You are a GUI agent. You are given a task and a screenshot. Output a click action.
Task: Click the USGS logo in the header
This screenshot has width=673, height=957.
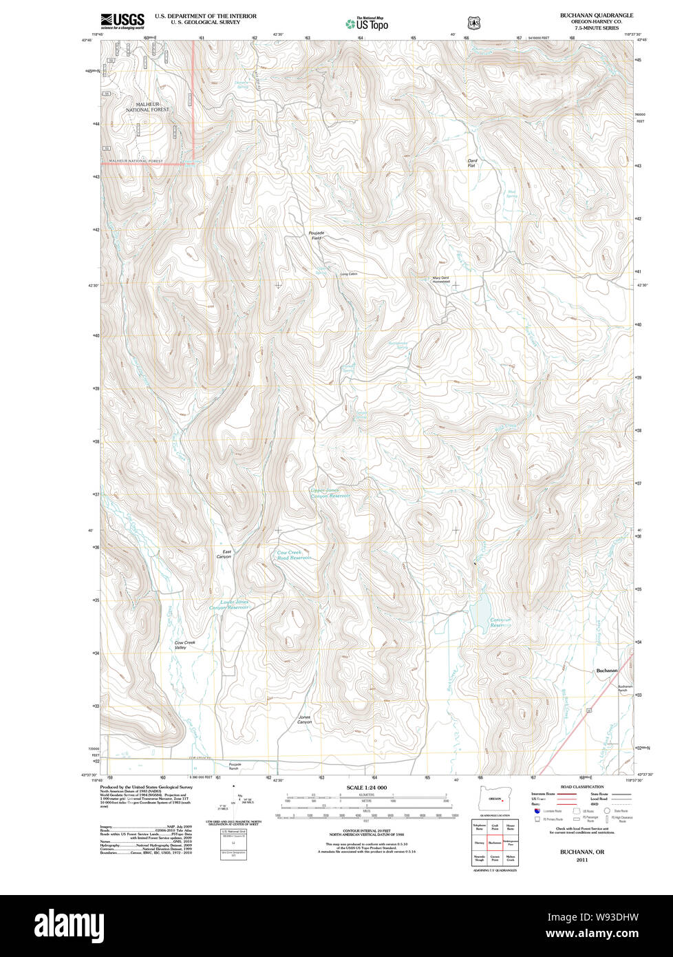click(x=122, y=21)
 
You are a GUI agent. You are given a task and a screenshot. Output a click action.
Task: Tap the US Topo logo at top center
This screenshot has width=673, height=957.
click(x=367, y=23)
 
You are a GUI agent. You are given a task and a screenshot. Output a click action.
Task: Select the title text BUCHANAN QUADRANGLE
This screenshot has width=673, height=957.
click(x=596, y=15)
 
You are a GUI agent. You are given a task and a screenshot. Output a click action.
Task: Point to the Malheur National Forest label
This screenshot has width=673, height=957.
click(x=147, y=107)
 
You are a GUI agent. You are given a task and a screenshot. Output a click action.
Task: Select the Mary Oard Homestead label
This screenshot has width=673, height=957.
click(x=441, y=280)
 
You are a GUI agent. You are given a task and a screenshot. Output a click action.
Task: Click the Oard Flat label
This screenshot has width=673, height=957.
click(x=472, y=163)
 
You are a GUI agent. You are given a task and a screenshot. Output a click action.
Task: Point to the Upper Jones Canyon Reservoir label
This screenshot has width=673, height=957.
click(x=330, y=493)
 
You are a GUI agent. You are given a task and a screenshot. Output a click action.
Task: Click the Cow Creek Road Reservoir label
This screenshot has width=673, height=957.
click(x=294, y=555)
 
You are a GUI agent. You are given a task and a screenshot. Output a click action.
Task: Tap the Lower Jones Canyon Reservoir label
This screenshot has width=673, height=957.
click(x=228, y=605)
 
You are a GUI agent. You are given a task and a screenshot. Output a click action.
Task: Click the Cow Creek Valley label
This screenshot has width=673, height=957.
click(x=184, y=645)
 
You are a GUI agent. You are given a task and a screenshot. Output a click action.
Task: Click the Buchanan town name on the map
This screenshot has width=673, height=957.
click(x=606, y=670)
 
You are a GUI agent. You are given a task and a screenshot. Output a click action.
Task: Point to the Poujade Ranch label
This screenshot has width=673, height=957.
click(x=235, y=766)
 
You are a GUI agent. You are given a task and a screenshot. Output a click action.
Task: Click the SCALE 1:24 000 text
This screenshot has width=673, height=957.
click(x=366, y=788)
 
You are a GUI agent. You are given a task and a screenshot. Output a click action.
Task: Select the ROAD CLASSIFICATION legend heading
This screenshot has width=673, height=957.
click(x=582, y=787)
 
